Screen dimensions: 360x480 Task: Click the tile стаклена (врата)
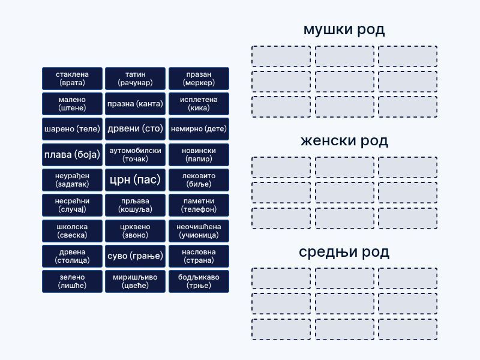coord(72,79)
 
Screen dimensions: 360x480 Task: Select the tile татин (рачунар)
coord(135,79)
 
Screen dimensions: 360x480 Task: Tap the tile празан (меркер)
coord(199,79)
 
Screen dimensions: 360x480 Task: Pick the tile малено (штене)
coord(72,104)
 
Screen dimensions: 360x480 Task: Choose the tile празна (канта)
coord(135,104)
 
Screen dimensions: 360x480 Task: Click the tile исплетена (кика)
coord(199,104)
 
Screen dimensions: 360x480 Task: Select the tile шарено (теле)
coord(72,129)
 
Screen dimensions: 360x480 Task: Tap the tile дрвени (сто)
coord(135,129)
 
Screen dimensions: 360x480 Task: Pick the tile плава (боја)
coord(72,155)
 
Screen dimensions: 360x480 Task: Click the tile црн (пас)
coord(135,180)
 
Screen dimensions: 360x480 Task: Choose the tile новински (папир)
coord(199,155)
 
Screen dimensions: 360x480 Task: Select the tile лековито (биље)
coord(199,180)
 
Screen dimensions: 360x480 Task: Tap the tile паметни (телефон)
coord(199,205)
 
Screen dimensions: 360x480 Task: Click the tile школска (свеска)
coord(72,231)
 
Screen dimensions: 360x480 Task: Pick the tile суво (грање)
coord(135,256)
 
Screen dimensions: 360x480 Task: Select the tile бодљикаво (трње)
coord(199,281)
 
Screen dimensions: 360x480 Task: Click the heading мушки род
coord(344,29)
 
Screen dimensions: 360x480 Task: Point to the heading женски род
coord(344,140)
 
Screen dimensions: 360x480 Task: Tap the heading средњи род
coord(344,251)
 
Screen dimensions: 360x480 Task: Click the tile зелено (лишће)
coord(72,281)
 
